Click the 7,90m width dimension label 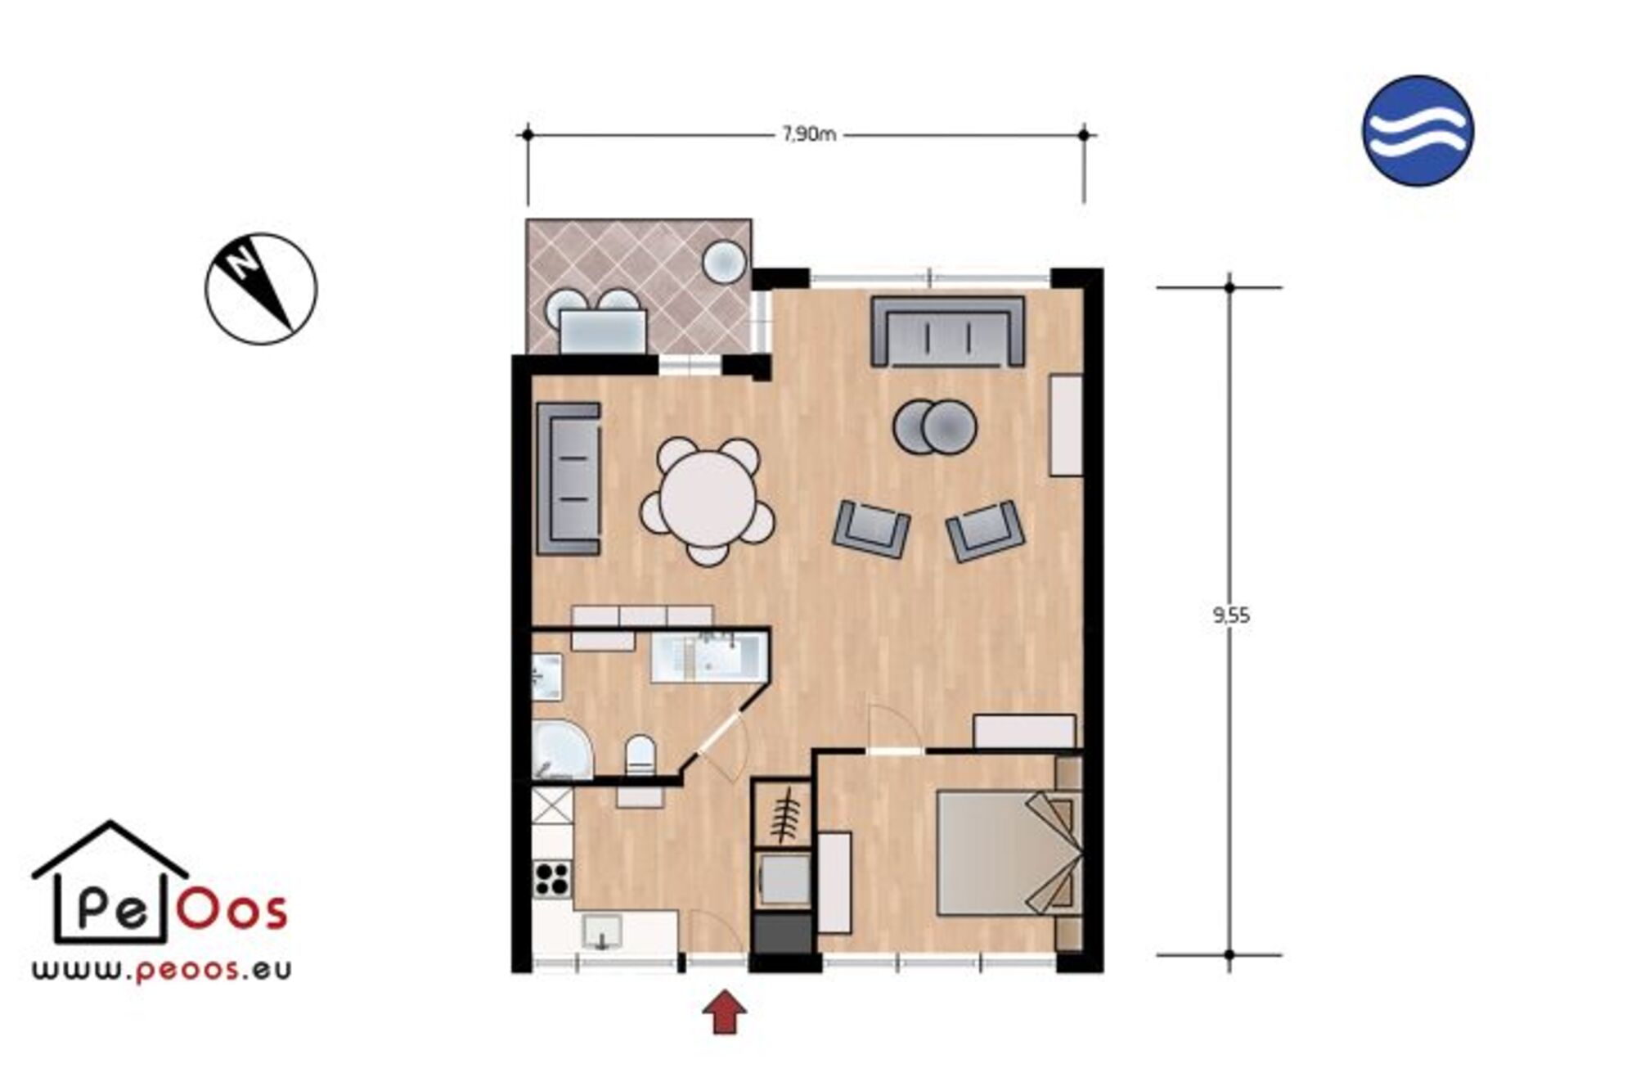pos(809,134)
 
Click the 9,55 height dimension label pos(1231,615)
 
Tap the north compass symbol pos(261,289)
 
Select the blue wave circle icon pos(1418,131)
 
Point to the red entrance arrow pos(724,1011)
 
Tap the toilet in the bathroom pos(640,755)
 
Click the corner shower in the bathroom pos(561,749)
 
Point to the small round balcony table pos(724,262)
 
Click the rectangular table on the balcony pos(603,331)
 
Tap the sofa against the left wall pos(569,479)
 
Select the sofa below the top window pos(948,331)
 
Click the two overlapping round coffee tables pos(935,426)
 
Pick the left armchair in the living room pos(871,529)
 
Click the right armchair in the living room pos(986,531)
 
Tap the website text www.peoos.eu pos(162,971)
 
